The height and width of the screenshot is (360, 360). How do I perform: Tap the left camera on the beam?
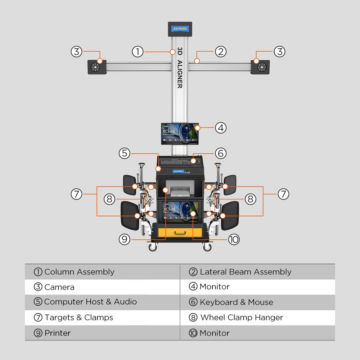click(96, 67)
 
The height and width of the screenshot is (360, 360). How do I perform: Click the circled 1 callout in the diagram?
click(138, 51)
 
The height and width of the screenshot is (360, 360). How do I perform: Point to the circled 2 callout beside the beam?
click(221, 51)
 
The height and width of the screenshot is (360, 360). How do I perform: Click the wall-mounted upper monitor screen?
click(180, 133)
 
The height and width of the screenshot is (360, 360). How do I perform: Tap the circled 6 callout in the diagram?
click(221, 153)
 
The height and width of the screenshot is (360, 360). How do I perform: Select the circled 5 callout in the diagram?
click(125, 153)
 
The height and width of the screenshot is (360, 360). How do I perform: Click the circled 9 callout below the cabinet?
click(125, 239)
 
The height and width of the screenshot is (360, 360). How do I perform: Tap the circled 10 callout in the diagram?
click(234, 239)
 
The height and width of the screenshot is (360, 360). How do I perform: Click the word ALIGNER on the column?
click(180, 75)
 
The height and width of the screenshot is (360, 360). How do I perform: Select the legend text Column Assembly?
click(79, 272)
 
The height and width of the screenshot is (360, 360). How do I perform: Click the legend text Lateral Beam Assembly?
click(246, 272)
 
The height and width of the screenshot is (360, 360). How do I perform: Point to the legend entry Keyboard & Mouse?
click(236, 302)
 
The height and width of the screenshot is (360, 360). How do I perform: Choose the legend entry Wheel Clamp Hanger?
click(241, 318)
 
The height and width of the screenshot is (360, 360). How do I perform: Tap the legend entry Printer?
click(57, 333)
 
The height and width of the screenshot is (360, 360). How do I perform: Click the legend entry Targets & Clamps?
click(78, 318)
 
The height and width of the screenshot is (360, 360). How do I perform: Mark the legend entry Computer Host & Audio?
click(90, 302)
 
